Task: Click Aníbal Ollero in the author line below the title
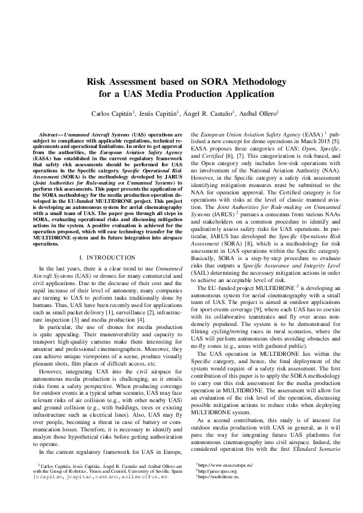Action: pos(242,113)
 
